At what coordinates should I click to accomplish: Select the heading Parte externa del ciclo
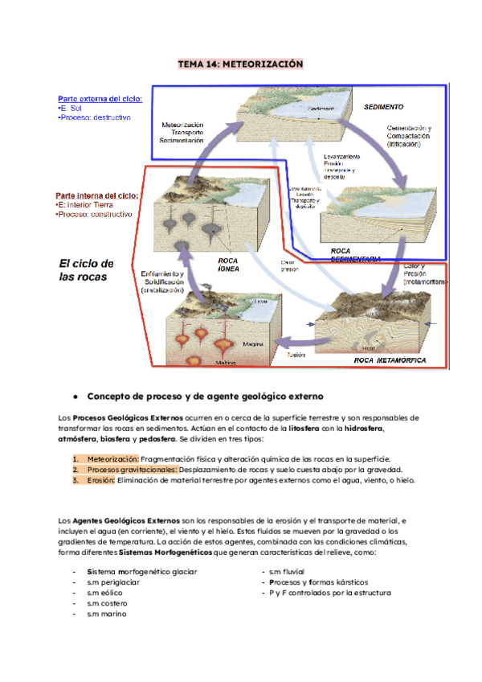(99, 98)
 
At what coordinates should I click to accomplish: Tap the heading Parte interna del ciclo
(96, 195)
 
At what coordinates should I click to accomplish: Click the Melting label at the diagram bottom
(235, 363)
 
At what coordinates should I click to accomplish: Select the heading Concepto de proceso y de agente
(205, 396)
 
